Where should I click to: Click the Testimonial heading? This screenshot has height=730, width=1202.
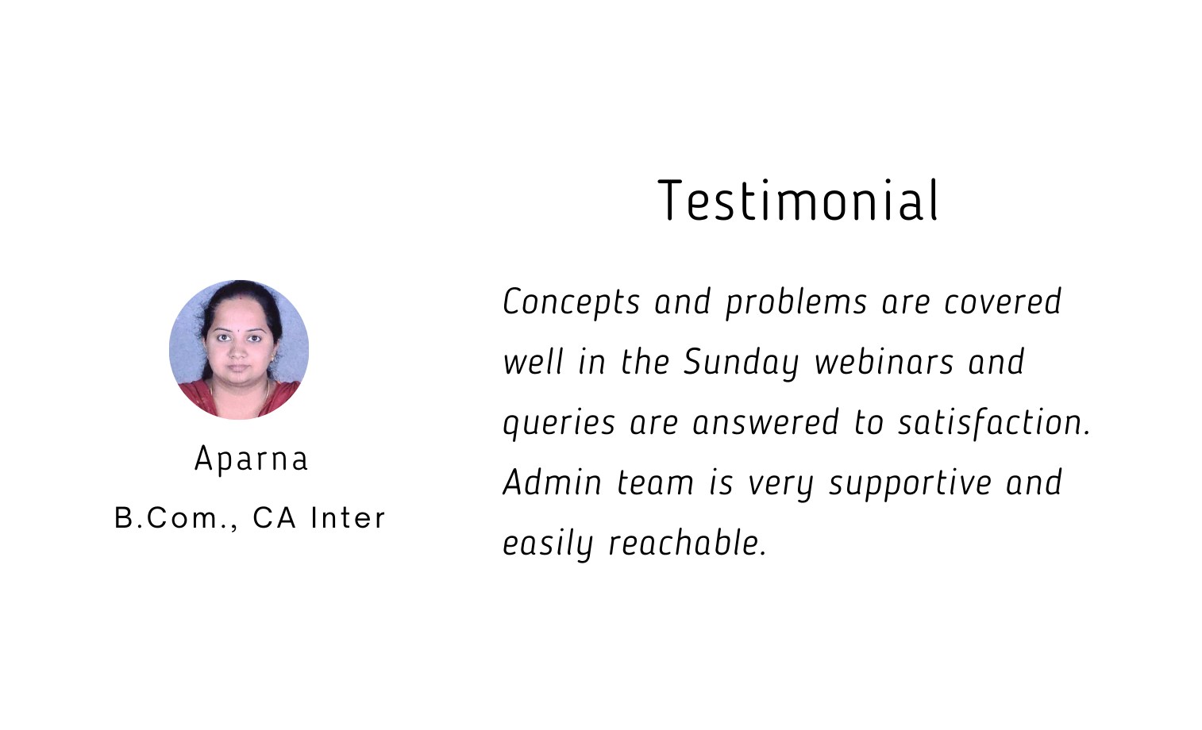(x=798, y=200)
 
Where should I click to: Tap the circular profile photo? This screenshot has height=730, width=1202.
(x=239, y=350)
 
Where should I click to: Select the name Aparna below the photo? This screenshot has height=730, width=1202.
(x=251, y=460)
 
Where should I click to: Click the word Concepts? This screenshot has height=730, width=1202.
(x=572, y=302)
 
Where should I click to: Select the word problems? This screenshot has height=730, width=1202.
(x=796, y=302)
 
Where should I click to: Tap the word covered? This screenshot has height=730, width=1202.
(x=1003, y=302)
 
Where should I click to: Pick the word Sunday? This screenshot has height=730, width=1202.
(x=741, y=363)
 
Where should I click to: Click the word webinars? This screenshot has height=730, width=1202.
(x=884, y=362)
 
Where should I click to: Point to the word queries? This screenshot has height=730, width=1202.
(x=559, y=424)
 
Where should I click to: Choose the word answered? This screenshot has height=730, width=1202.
(x=765, y=423)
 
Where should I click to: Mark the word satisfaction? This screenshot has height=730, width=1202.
(x=995, y=423)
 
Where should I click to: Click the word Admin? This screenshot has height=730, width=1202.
(x=552, y=482)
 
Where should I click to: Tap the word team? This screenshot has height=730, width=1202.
(x=655, y=483)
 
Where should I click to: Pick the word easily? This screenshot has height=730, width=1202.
(x=548, y=544)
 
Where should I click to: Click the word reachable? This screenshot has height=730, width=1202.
(x=688, y=543)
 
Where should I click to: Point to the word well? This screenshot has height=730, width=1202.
(x=534, y=362)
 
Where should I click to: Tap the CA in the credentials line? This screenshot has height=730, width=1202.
(x=274, y=518)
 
